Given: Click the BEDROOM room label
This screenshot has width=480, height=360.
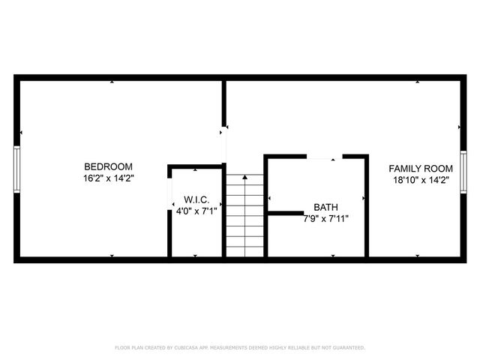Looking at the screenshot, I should click(108, 166).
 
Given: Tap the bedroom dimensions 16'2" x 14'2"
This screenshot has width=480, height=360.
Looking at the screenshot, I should click(108, 178).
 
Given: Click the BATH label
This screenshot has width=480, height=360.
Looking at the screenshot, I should click(325, 207).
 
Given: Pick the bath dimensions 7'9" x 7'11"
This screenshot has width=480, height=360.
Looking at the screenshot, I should click(325, 219).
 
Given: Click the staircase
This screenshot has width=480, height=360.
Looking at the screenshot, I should click(245, 216).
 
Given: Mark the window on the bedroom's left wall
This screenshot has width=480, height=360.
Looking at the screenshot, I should click(16, 170).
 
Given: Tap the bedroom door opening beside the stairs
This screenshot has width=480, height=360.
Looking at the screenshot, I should click(224, 145).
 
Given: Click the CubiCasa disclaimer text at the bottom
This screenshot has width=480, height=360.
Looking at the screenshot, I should click(240, 347).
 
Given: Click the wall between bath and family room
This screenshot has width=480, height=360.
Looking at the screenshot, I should click(366, 206).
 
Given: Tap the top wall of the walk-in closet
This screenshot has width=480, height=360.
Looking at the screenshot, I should click(195, 166).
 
